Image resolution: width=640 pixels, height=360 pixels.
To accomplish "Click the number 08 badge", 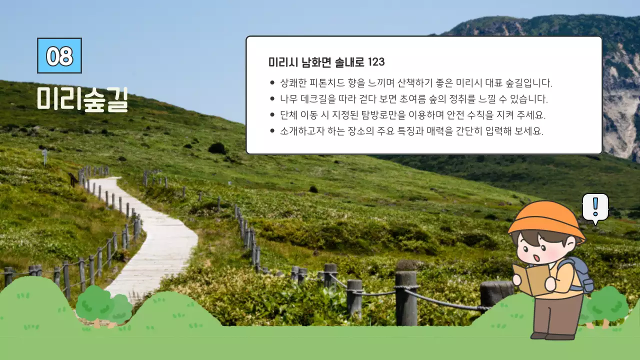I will (59, 55).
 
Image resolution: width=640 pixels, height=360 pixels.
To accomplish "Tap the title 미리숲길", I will (82, 99).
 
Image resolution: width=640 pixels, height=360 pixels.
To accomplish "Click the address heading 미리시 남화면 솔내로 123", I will (326, 62).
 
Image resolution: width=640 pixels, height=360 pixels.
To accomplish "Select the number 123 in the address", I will (376, 62).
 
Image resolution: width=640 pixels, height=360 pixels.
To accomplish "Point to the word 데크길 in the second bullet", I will (323, 99).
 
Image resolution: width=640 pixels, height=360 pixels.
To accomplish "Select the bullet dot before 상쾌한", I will (272, 83).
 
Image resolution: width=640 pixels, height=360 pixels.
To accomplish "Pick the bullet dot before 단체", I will (272, 115).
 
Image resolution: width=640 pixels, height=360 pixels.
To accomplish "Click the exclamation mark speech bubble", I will (595, 207).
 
